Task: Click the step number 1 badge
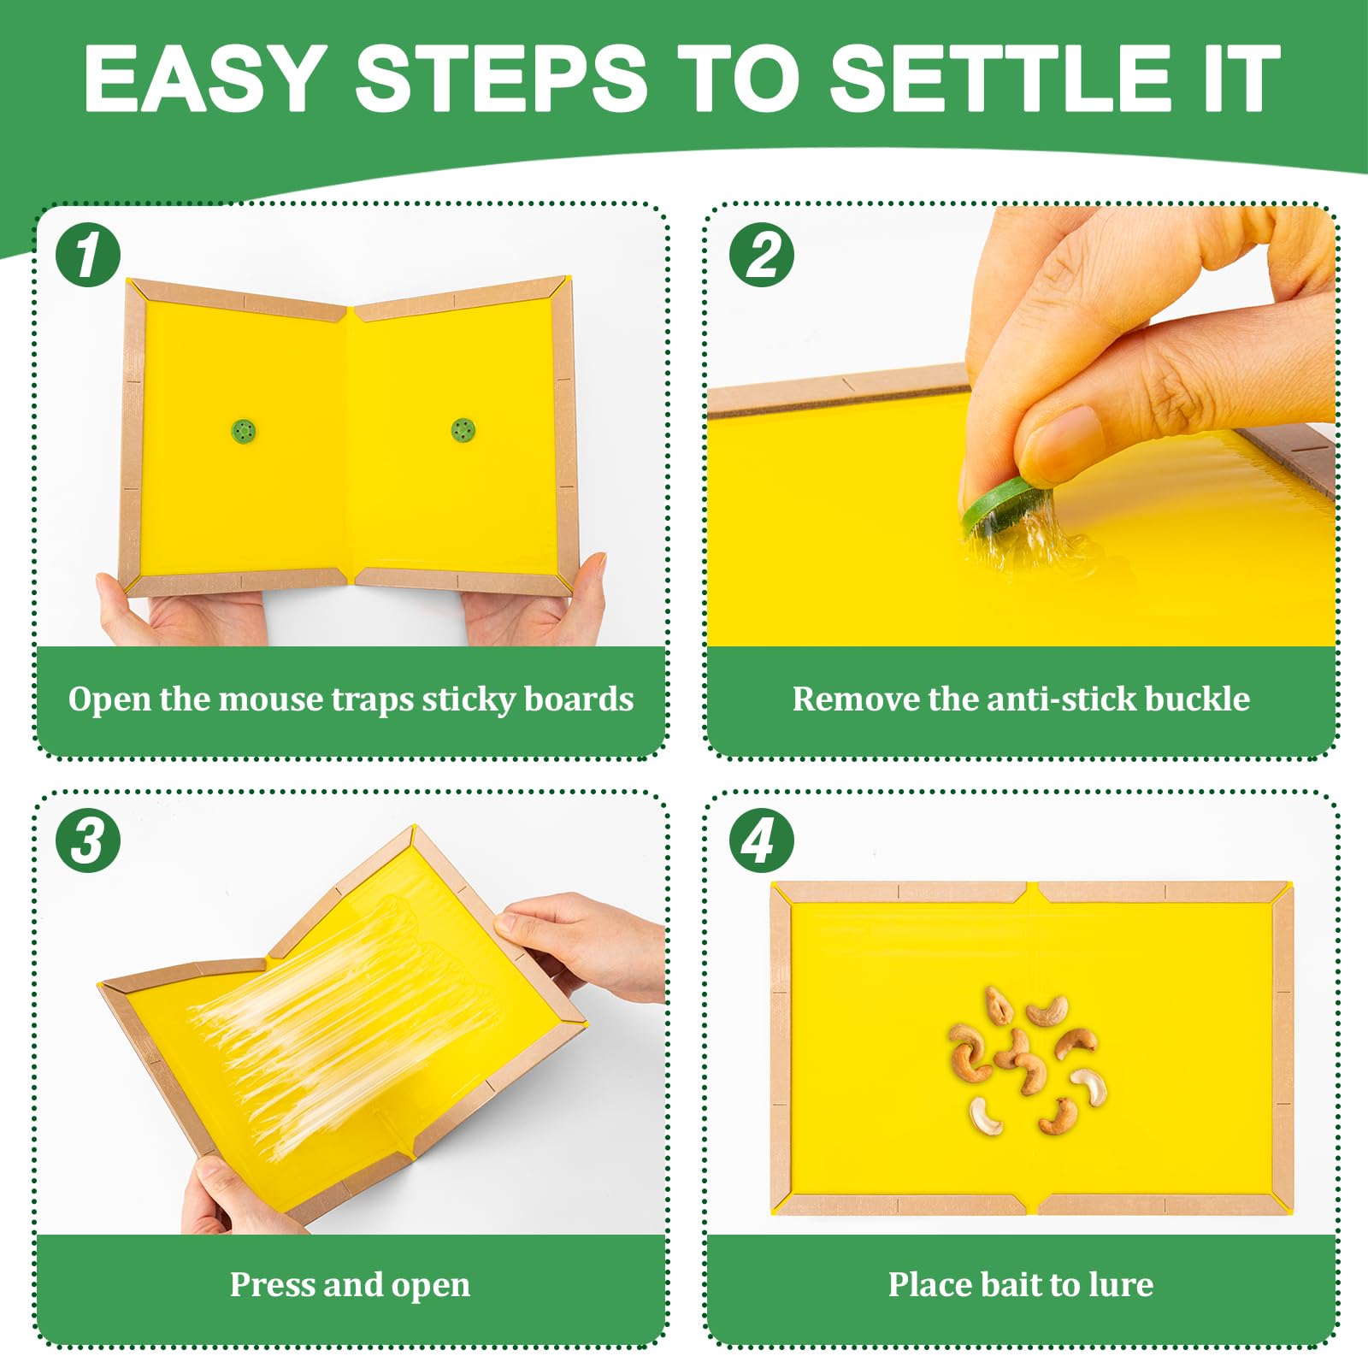[88, 255]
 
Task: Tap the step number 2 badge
[762, 255]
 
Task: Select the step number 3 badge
[88, 840]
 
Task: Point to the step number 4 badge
[762, 840]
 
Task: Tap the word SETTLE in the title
[1001, 78]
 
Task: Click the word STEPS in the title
[502, 78]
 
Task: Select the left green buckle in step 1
[244, 431]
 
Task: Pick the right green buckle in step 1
[463, 430]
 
